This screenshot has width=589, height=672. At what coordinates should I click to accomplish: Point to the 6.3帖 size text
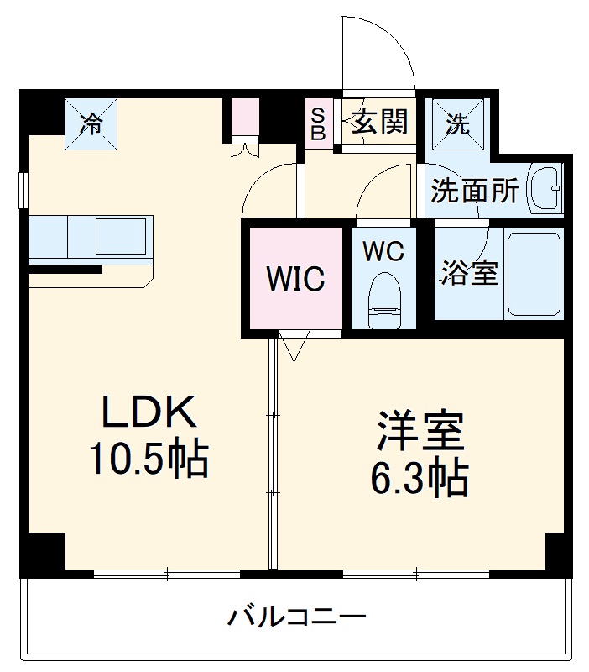click(420, 478)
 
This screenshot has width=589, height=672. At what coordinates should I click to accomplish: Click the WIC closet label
click(295, 279)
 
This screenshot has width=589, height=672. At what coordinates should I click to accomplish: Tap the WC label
click(384, 250)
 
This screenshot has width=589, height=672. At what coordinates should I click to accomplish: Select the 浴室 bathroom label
click(471, 273)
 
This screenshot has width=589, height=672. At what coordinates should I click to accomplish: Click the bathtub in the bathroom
click(533, 274)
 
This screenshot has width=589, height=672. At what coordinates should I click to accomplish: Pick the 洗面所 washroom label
click(475, 192)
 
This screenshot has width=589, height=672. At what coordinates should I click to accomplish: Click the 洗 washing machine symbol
click(457, 123)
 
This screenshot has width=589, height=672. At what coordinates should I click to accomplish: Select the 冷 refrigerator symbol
click(91, 123)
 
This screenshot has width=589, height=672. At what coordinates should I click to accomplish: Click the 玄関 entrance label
click(379, 123)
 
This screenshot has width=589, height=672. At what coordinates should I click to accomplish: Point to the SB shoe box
click(319, 123)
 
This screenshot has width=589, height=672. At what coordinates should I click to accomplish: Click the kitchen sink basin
click(122, 235)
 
